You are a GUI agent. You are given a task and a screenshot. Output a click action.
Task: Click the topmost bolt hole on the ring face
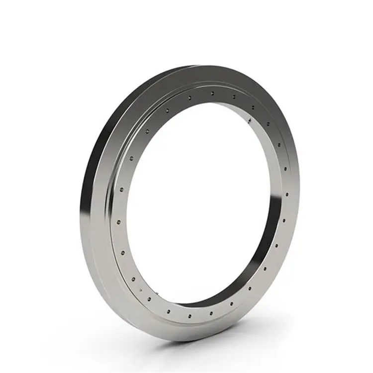(x=212, y=93)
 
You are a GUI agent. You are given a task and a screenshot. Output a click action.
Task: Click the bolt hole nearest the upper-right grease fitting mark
(x=253, y=107)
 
